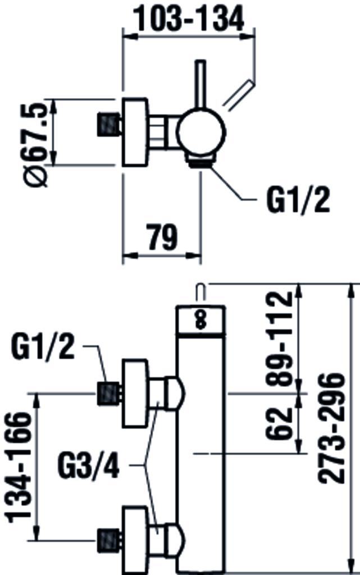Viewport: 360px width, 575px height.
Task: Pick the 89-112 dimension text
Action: point(281,338)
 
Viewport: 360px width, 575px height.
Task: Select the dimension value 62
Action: point(281,422)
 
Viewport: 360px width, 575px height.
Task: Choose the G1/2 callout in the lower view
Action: point(43,349)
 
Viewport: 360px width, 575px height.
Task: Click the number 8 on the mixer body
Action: point(200,321)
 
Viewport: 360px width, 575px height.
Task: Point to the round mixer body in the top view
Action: point(200,133)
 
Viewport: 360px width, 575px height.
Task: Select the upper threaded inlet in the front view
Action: point(110,393)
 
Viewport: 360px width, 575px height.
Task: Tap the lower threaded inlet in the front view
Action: point(110,539)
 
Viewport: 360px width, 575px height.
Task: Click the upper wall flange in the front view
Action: point(135,393)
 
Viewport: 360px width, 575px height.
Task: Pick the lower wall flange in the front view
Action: point(135,539)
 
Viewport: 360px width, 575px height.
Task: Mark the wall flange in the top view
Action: point(135,133)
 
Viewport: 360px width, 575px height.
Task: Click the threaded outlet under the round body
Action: point(199,162)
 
